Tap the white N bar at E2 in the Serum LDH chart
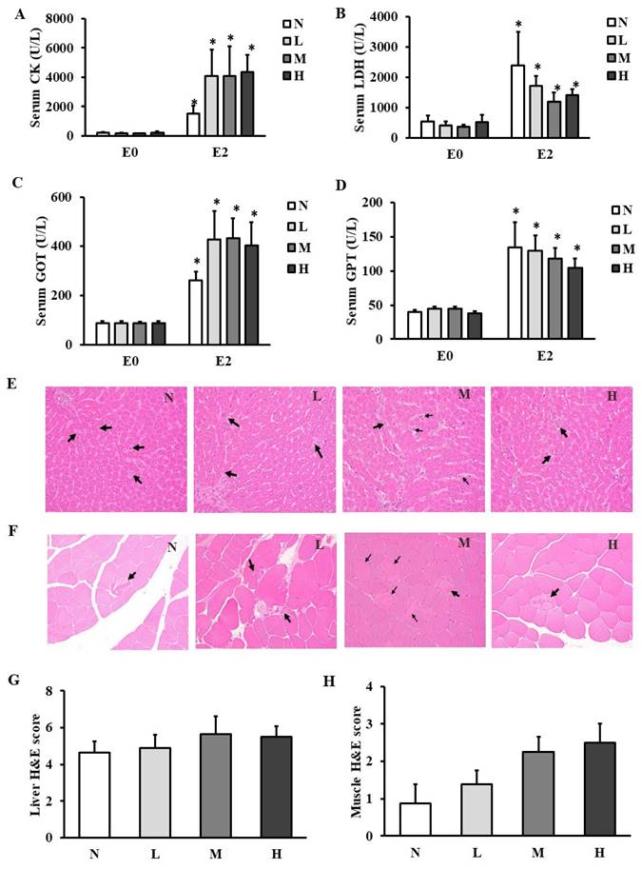517,101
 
